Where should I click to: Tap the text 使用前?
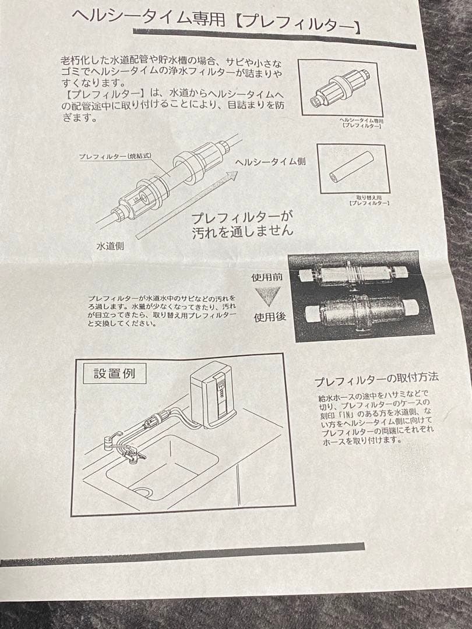(x=267, y=277)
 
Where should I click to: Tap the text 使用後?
(x=269, y=318)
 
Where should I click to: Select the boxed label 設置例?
(x=114, y=373)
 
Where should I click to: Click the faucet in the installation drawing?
(x=119, y=446)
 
